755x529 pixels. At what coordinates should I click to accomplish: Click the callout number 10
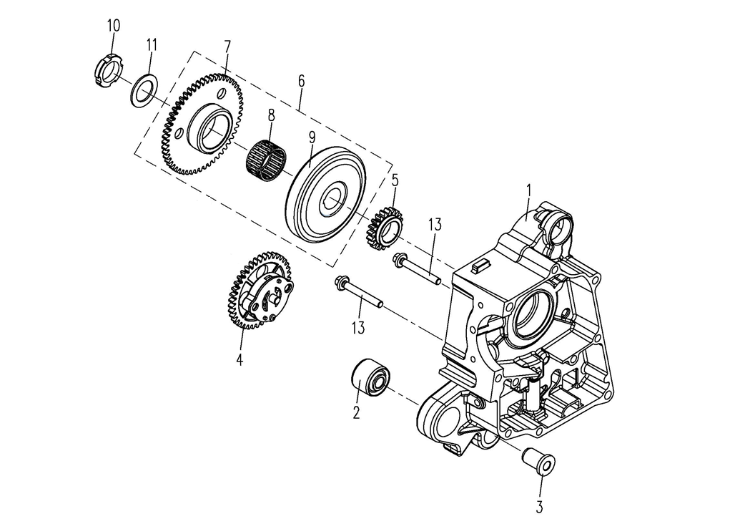114,26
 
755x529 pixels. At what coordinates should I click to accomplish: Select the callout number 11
151,44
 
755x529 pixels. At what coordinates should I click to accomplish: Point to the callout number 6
301,82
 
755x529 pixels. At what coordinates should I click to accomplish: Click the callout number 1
528,190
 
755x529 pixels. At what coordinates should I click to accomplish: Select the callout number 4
240,359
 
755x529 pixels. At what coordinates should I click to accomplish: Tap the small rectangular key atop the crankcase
480,266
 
